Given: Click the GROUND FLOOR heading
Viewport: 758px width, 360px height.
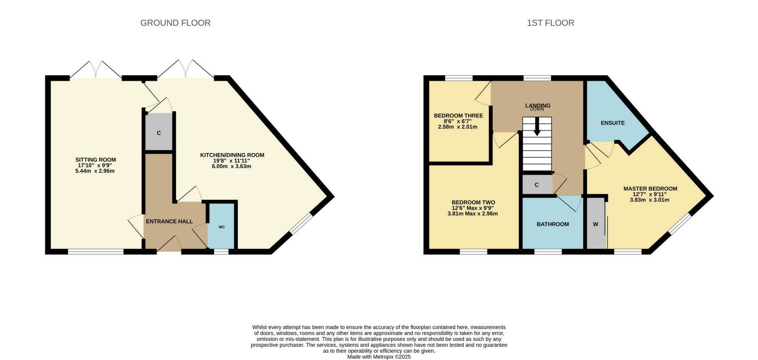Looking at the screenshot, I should click(175, 23).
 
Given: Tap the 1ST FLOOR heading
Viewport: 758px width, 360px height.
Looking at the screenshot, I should click(550, 23).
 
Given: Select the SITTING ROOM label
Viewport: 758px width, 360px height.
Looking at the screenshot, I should click(95, 160).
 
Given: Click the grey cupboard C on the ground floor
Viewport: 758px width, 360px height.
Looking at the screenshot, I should click(159, 133).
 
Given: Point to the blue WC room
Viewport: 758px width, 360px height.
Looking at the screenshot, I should click(222, 227).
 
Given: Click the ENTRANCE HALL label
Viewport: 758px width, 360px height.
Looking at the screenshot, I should click(169, 222).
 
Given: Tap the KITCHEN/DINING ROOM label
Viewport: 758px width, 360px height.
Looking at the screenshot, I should click(232, 155).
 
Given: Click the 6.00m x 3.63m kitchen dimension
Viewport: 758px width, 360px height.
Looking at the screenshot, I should click(231, 166).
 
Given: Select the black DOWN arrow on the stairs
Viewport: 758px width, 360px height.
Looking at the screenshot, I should click(537, 127).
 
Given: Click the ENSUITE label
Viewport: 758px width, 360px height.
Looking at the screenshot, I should click(612, 123).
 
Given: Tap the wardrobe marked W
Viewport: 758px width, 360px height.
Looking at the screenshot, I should click(595, 224).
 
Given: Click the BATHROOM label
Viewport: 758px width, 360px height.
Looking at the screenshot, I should click(552, 224).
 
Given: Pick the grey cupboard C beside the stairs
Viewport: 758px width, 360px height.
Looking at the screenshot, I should click(536, 185).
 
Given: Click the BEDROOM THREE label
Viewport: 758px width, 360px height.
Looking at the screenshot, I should click(458, 116).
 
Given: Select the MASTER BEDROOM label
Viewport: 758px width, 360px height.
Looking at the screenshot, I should click(650, 189).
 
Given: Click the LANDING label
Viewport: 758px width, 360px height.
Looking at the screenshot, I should click(538, 105).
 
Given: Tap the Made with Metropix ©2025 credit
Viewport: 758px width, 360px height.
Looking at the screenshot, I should click(379, 357).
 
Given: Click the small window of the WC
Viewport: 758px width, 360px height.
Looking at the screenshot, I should click(221, 252).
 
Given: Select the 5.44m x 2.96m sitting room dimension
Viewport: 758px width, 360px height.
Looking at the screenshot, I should click(95, 171).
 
